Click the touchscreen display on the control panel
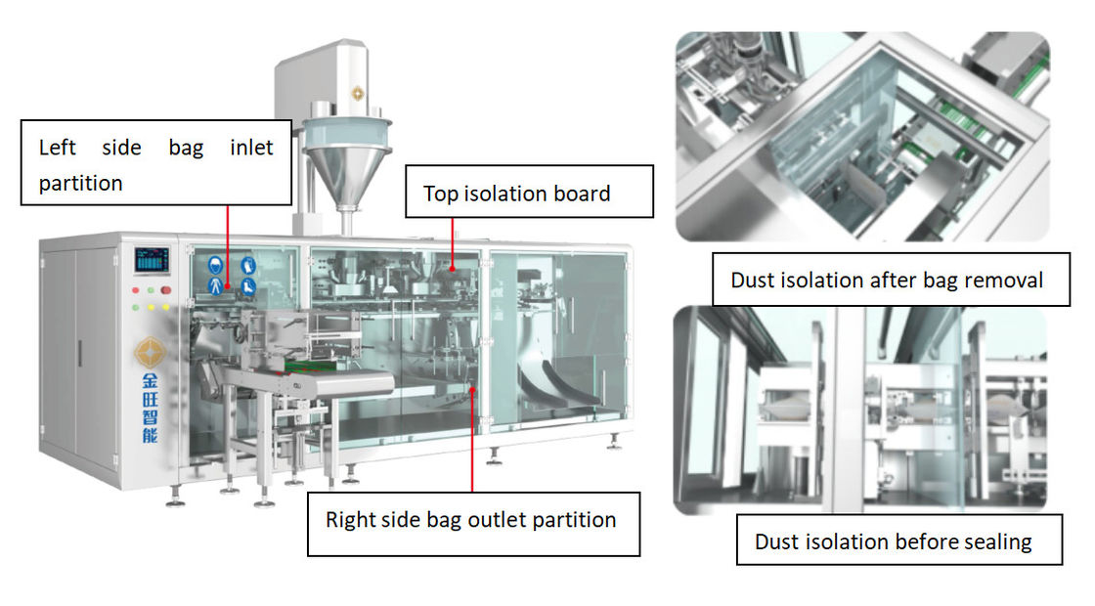tap(152, 260)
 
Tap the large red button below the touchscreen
tap(166, 289)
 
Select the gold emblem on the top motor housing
tap(357, 92)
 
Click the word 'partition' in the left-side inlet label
tap(81, 183)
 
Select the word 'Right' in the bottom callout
tap(351, 519)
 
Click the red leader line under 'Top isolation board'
tap(453, 239)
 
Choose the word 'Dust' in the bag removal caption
tap(756, 281)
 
